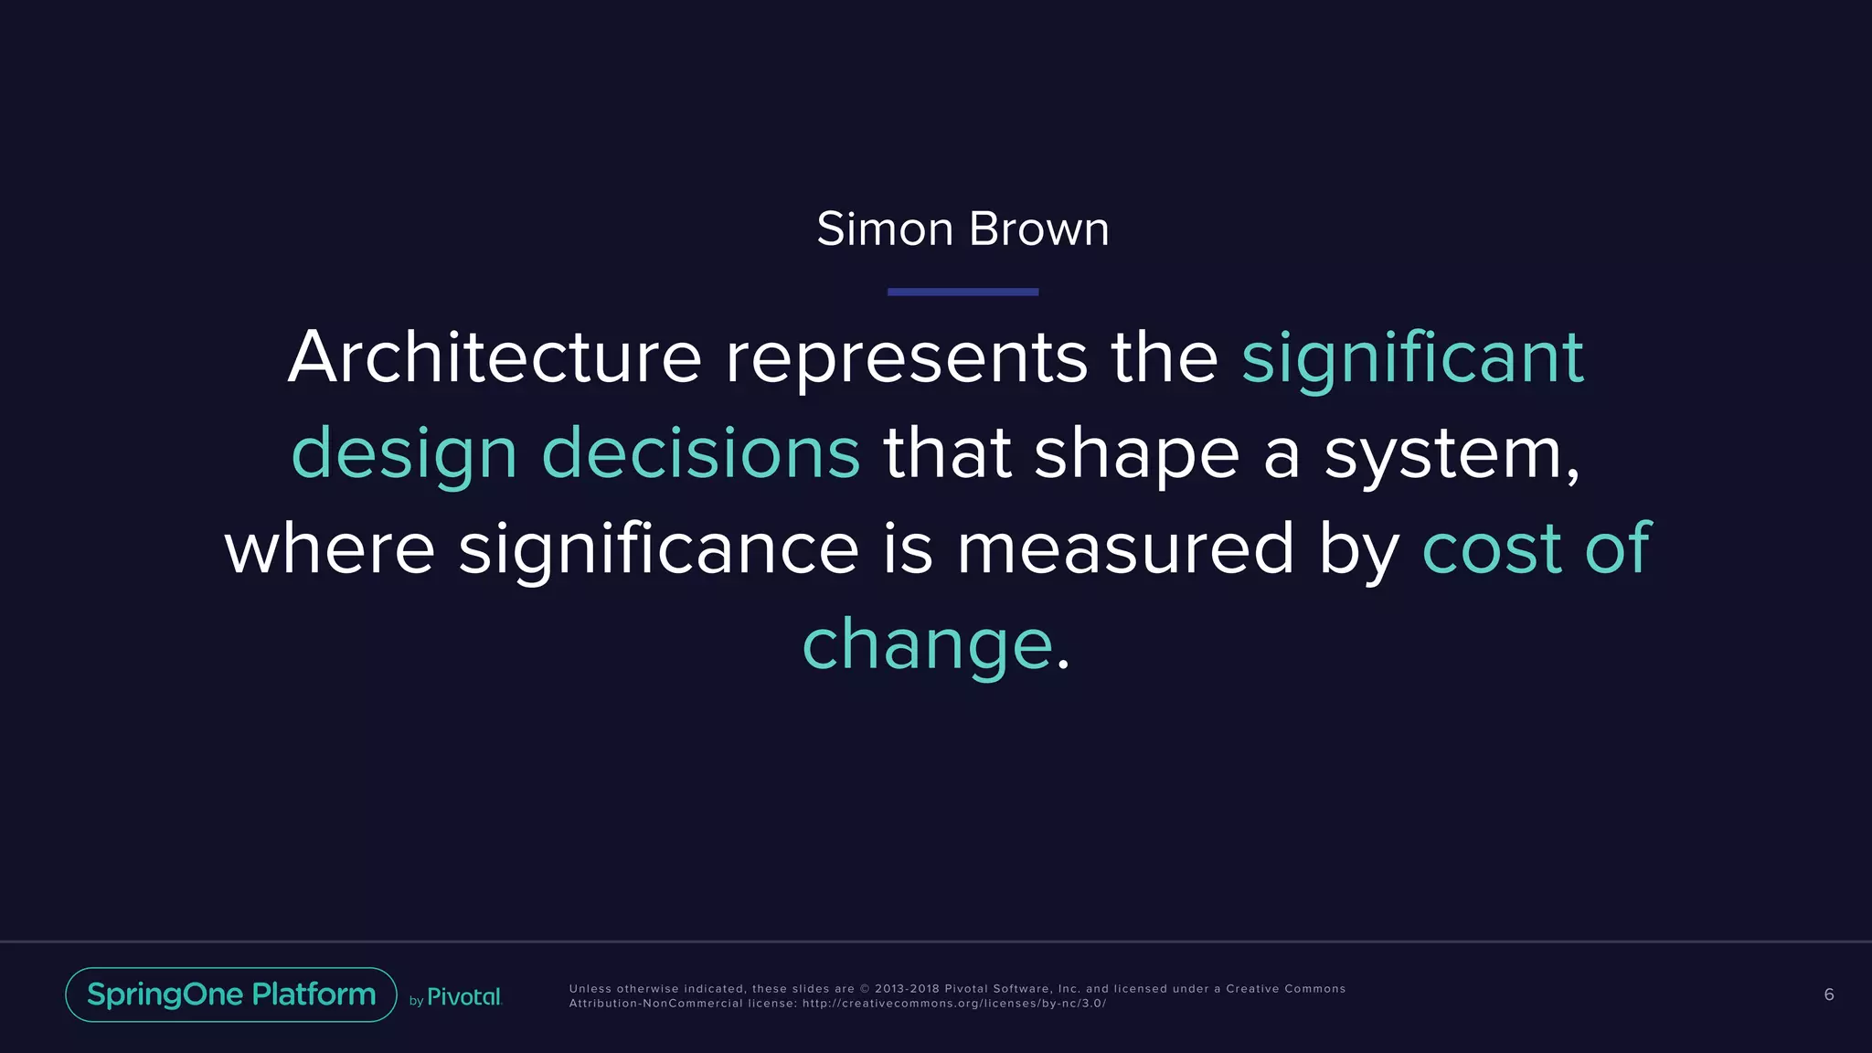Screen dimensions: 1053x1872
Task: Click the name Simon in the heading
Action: [x=885, y=229]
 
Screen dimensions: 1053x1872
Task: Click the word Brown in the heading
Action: [x=1039, y=229]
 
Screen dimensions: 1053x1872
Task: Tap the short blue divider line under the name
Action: [x=963, y=292]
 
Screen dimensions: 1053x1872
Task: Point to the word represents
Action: [x=906, y=358]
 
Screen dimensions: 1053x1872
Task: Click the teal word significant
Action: [x=1412, y=358]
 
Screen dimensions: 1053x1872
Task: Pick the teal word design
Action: [x=404, y=453]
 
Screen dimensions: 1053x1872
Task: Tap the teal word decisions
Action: [x=701, y=452]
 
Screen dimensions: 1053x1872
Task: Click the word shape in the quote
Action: [x=1136, y=454]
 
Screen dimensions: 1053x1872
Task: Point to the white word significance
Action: [x=658, y=548]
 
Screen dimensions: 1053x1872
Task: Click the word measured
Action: [x=1125, y=548]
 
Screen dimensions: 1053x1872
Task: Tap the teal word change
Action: [x=927, y=644]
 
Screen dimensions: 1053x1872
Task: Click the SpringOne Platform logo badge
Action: [x=231, y=994]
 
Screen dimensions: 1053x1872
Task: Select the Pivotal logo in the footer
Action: [x=463, y=996]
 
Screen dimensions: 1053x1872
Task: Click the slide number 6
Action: [x=1828, y=994]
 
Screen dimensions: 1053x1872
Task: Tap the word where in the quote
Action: [x=329, y=548]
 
